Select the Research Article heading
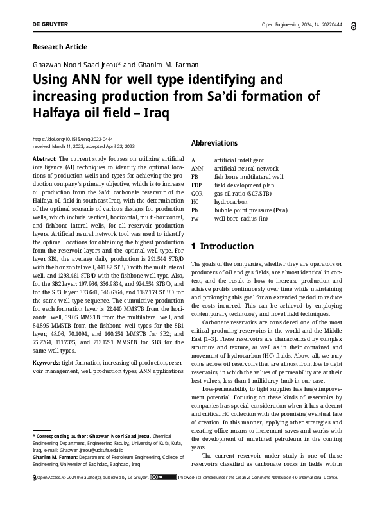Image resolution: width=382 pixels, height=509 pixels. click(59, 47)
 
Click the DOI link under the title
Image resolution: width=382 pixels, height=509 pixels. click(73, 139)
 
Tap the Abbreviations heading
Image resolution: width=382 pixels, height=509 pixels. click(214, 143)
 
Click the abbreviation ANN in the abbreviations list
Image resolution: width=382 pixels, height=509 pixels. click(197, 168)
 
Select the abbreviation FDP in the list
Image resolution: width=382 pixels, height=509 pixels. click(197, 185)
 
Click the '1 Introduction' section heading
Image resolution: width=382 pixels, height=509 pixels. click(223, 246)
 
